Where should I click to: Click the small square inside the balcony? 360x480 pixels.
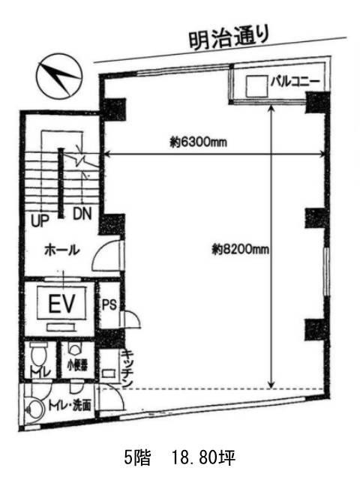(x=256, y=85)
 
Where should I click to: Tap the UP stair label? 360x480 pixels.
(x=40, y=219)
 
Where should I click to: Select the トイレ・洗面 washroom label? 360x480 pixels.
(x=70, y=405)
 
